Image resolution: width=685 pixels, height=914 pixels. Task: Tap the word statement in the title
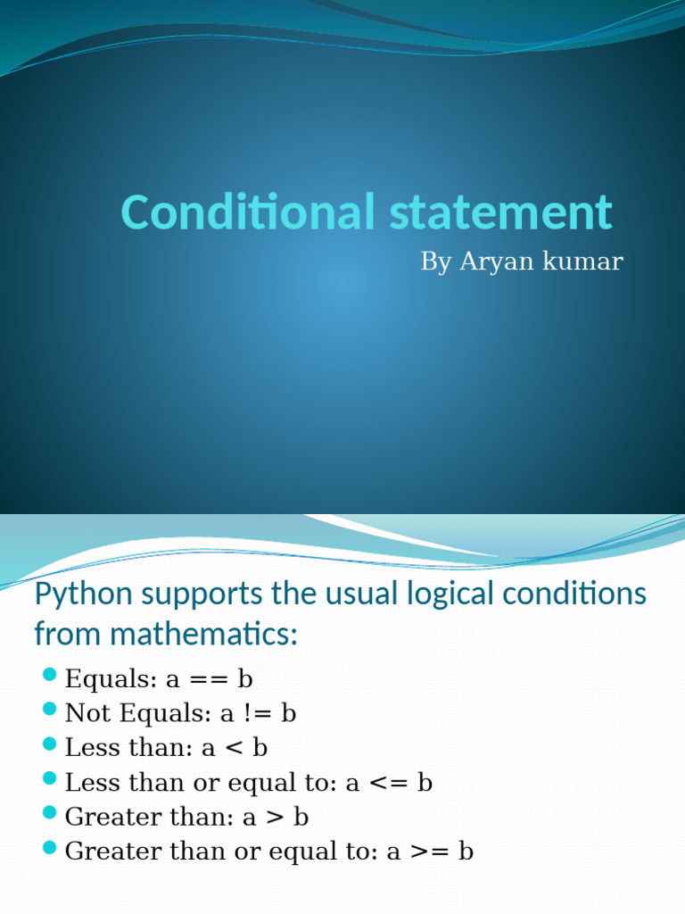(x=500, y=212)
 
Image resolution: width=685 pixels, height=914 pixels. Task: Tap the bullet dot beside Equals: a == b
(x=50, y=675)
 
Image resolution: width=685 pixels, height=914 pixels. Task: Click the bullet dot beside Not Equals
(x=50, y=710)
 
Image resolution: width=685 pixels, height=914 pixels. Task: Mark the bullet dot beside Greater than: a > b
(x=50, y=812)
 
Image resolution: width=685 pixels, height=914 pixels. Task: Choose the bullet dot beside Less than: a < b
(x=50, y=744)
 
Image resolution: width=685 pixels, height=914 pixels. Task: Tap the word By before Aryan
(x=435, y=262)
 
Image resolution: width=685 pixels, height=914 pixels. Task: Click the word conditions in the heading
(x=574, y=594)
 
